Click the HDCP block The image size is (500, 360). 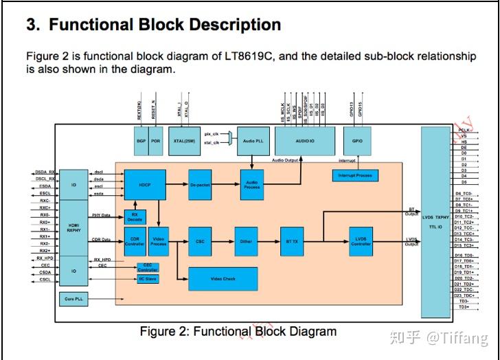[145, 185]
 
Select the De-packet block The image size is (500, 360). [200, 185]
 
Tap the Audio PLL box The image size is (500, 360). [252, 140]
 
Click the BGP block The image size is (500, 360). [141, 140]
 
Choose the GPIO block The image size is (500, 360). [357, 140]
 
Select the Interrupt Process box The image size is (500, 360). [354, 176]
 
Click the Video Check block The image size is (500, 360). [223, 278]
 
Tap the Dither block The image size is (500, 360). [246, 241]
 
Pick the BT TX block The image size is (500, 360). [291, 241]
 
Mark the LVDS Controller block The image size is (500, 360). [361, 241]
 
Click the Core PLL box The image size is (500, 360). [73, 300]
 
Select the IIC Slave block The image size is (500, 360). [148, 278]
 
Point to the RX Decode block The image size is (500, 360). [135, 217]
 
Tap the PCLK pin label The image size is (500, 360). [464, 129]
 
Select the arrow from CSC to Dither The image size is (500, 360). [224, 241]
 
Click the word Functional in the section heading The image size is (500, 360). [93, 25]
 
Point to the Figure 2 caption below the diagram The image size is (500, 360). [238, 331]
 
